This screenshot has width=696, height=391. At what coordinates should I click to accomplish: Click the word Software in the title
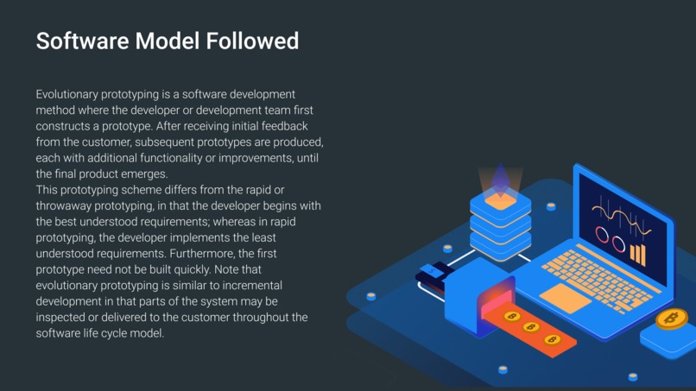click(x=83, y=41)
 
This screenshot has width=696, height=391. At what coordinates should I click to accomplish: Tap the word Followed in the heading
click(x=252, y=41)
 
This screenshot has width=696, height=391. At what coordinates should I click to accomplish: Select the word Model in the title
click(x=168, y=41)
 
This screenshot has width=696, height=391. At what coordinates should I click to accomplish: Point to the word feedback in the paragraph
click(x=284, y=126)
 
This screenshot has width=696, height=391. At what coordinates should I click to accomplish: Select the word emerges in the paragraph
click(x=148, y=174)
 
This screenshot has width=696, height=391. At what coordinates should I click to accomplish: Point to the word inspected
click(x=60, y=318)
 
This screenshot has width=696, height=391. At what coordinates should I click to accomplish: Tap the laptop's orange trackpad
click(x=565, y=299)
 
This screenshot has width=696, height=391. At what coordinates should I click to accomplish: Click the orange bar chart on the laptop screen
click(x=638, y=255)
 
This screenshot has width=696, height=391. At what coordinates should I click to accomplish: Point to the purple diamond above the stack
click(x=501, y=180)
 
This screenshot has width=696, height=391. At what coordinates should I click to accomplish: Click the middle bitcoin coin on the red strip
click(x=531, y=327)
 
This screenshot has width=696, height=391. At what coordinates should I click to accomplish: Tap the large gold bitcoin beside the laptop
click(x=672, y=318)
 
